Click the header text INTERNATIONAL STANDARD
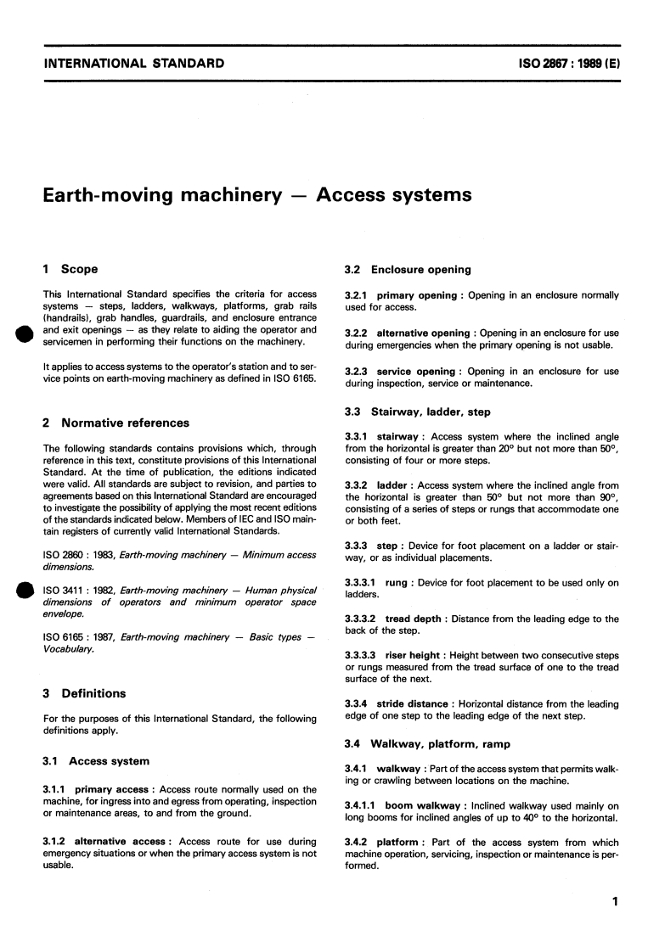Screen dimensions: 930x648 coord(133,63)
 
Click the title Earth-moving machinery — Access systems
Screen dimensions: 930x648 coord(257,195)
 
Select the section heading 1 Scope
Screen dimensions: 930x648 coord(70,269)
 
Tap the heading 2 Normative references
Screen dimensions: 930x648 coord(116,423)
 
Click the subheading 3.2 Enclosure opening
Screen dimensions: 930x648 coord(408,269)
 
